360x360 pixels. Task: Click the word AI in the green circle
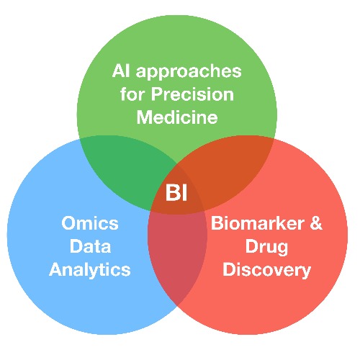[121, 71]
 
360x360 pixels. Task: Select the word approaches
[189, 72]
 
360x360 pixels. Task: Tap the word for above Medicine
[132, 94]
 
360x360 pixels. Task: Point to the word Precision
[192, 94]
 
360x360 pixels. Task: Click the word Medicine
[177, 117]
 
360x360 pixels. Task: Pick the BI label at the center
[176, 192]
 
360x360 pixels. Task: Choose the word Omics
[90, 223]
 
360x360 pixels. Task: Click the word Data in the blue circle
[90, 246]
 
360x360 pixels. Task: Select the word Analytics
[90, 270]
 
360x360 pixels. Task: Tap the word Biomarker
[256, 223]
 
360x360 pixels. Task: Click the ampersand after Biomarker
[316, 223]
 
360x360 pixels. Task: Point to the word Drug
[266, 248]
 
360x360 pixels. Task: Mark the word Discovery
[266, 270]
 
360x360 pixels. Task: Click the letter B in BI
[172, 192]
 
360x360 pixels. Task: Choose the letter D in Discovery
[229, 269]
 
